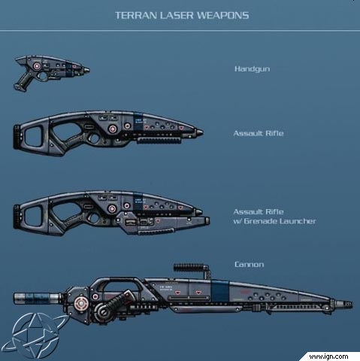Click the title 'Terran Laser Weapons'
[x=182, y=15]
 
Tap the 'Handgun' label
[x=253, y=69]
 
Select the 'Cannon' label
[x=249, y=265]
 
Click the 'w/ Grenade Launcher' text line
[x=274, y=221]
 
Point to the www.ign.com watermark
[x=328, y=356]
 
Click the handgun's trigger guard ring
[x=43, y=77]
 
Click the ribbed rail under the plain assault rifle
[x=159, y=141]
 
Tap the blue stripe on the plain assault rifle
[x=138, y=121]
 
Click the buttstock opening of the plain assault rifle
[x=33, y=136]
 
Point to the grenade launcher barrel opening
[x=207, y=220]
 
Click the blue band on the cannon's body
[x=219, y=291]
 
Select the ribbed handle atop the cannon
[x=189, y=268]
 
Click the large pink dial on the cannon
[x=80, y=304]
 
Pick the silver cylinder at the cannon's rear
[x=38, y=299]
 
